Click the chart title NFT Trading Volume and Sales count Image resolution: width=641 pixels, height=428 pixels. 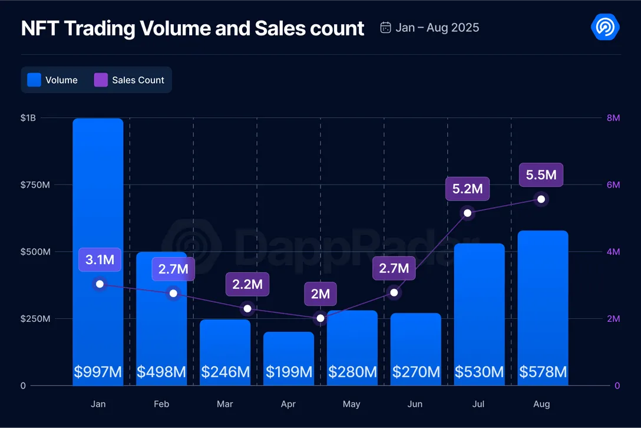(x=193, y=28)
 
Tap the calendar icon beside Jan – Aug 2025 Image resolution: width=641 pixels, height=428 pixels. (x=386, y=28)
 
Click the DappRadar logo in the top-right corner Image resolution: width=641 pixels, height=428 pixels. (x=604, y=27)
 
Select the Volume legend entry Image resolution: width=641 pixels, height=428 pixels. (x=53, y=80)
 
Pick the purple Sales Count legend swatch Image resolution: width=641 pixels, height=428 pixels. (x=101, y=80)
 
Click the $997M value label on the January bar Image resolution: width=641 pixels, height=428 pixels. (x=98, y=372)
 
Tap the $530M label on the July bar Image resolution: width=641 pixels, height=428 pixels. (x=479, y=372)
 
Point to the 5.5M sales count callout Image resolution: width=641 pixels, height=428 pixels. (x=541, y=175)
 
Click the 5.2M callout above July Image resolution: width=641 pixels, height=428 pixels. (x=467, y=189)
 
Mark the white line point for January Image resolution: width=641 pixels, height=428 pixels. (x=100, y=284)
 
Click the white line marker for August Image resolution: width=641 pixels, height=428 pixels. (x=541, y=199)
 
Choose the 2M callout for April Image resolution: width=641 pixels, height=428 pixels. (x=320, y=294)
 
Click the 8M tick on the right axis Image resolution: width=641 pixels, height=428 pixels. (x=613, y=118)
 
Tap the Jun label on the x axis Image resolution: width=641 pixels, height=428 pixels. (x=415, y=404)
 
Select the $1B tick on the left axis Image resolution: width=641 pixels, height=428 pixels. (x=28, y=118)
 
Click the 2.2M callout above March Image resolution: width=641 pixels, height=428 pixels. (x=247, y=284)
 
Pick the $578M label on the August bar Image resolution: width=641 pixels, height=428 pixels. (x=543, y=372)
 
